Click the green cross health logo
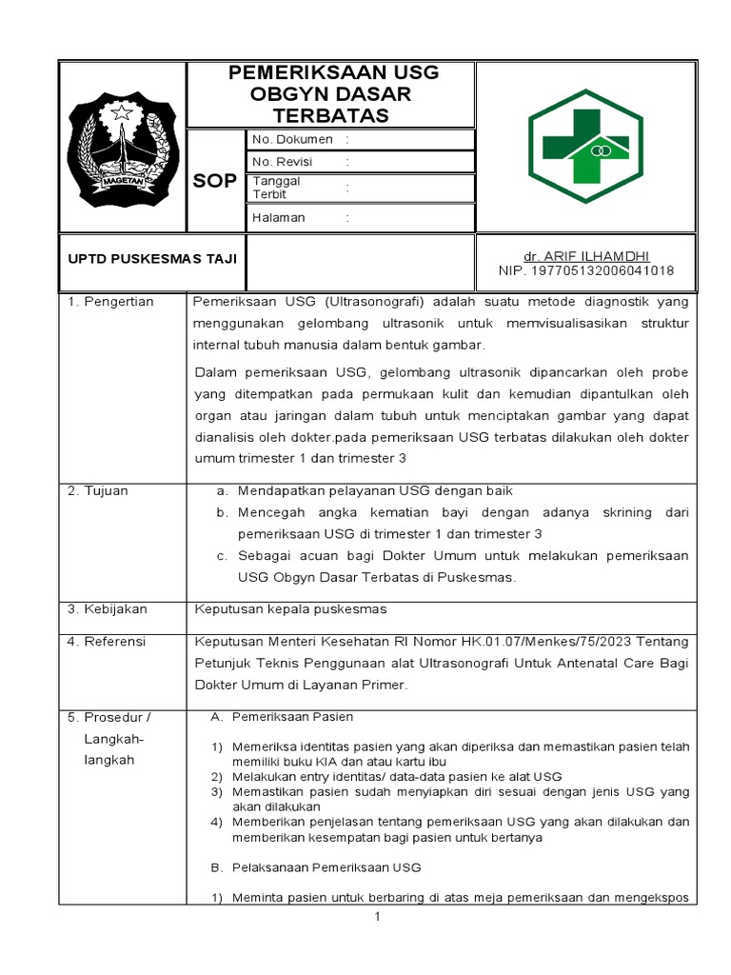[x=585, y=146]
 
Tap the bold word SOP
[x=215, y=181]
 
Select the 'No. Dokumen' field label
[x=292, y=139]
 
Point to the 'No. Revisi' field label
[x=284, y=162]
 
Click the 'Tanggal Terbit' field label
[x=277, y=188]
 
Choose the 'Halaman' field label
[x=279, y=217]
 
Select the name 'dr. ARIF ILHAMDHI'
[x=585, y=257]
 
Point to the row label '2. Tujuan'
[x=97, y=491]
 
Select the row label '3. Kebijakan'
[x=107, y=609]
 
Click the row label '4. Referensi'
[x=107, y=642]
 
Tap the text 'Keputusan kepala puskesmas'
[x=290, y=609]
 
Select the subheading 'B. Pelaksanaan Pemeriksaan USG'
[x=316, y=867]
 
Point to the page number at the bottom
[x=378, y=917]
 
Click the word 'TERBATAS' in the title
[x=331, y=116]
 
